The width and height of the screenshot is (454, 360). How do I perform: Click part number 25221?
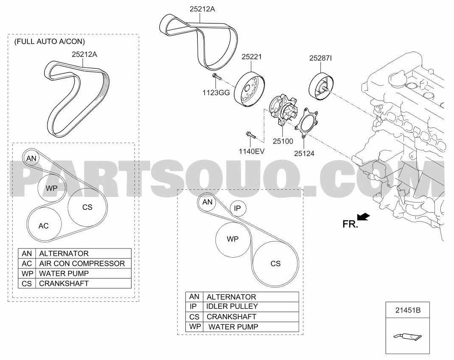tap(251, 57)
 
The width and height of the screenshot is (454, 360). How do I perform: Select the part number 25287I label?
tap(320, 58)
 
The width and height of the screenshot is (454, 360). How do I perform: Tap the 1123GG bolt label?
tap(216, 93)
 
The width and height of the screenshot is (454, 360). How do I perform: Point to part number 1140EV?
tap(252, 151)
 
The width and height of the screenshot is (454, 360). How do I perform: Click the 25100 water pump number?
tap(283, 141)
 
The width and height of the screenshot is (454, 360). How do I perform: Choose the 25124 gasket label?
tap(304, 154)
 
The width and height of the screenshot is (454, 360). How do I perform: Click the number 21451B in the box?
tap(408, 310)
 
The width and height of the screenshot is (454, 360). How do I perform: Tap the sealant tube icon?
tap(408, 337)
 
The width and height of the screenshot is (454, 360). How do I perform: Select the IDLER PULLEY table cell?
tap(251, 307)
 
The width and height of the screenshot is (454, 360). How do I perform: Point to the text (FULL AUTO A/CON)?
tap(50, 42)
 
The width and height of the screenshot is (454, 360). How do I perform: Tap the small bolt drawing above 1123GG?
tap(216, 76)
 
